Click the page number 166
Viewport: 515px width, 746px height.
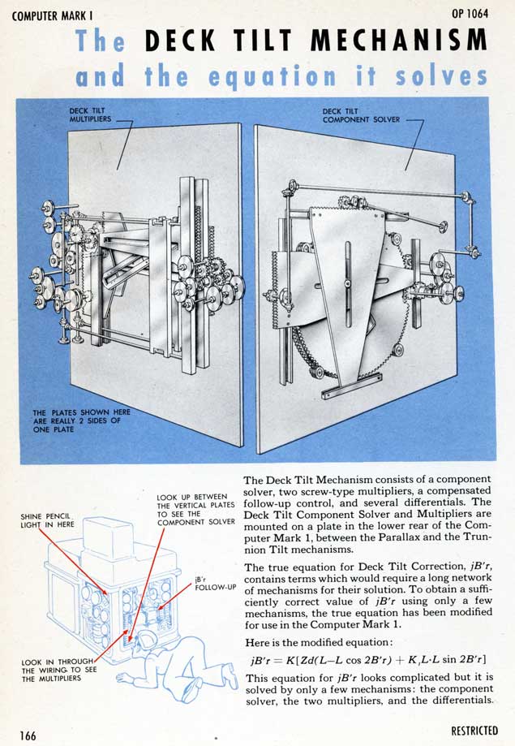28,734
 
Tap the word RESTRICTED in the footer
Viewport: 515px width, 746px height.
475,731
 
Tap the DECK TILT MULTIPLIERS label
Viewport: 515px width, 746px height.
88,114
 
